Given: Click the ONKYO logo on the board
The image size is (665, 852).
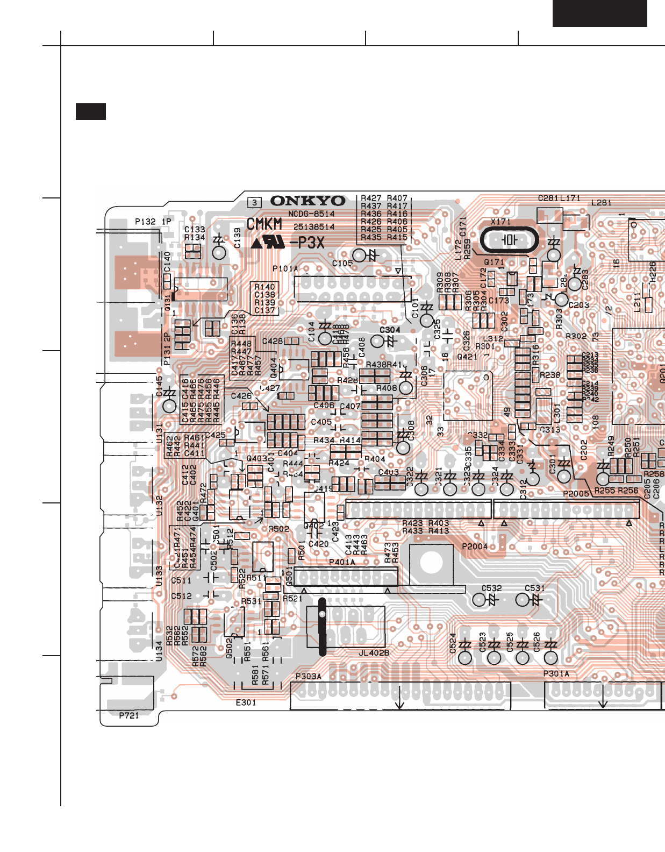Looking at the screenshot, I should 308,201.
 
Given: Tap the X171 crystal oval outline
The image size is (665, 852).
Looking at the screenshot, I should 509,240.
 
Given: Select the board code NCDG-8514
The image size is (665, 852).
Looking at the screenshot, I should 311,214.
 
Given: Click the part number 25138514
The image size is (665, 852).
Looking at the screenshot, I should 313,227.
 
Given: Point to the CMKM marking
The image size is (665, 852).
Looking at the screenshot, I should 264,224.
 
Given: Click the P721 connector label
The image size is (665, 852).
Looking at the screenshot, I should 129,715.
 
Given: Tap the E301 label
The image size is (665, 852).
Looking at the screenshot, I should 246,702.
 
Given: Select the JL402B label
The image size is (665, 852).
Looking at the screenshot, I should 374,653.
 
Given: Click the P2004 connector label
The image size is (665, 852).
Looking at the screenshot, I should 475,546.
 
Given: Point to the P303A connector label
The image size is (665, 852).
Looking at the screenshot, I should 309,677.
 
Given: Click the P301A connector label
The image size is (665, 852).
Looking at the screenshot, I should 556,674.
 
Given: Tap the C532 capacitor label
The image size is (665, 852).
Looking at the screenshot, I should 491,588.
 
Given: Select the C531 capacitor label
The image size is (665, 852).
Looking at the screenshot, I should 534,588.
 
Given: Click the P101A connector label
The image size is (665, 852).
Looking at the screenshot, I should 285,268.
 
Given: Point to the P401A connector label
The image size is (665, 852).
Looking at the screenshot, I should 342,563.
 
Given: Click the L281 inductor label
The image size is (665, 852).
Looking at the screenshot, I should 601,203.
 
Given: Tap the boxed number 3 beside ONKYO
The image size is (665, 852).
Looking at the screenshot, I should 254,203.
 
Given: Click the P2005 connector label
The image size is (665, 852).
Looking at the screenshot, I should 576,494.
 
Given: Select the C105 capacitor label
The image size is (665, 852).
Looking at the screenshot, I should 342,264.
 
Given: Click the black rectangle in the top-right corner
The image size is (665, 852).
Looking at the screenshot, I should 599,13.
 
